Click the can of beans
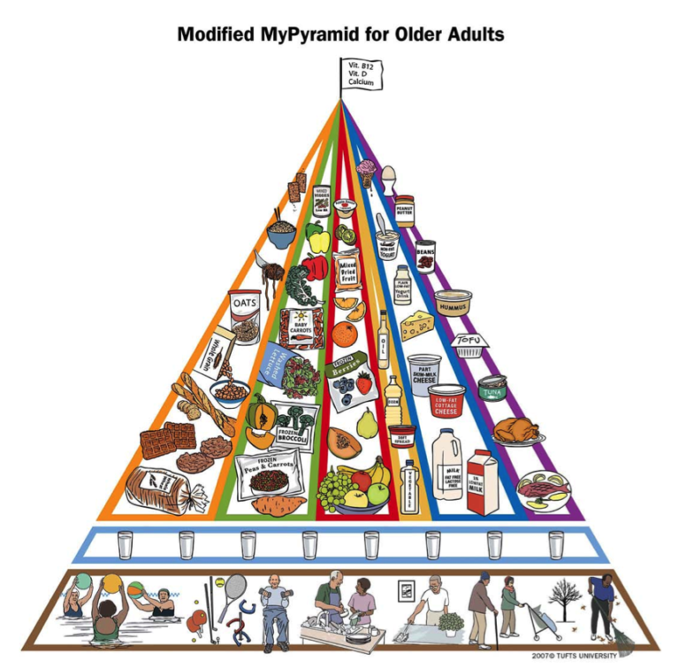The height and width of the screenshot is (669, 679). (x=425, y=256)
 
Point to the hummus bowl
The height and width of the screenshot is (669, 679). (x=452, y=302)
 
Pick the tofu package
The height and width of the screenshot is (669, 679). (x=469, y=344)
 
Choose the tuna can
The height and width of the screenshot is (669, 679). (x=491, y=387)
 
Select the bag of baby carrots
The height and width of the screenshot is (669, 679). (x=299, y=329)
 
